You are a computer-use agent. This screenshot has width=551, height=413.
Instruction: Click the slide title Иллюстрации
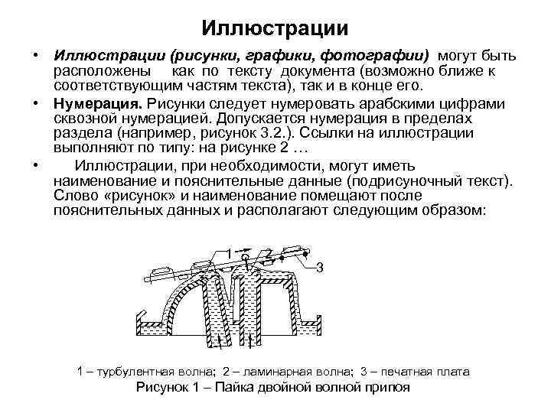point(275,28)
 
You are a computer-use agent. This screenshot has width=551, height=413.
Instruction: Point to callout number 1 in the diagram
point(229,254)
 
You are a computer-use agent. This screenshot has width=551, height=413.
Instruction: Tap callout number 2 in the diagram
point(269,254)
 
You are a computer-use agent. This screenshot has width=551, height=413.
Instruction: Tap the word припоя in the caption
point(386,387)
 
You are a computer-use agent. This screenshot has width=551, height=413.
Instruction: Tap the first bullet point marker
point(36,57)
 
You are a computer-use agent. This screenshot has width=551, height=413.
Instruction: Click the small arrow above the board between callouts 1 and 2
point(245,249)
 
